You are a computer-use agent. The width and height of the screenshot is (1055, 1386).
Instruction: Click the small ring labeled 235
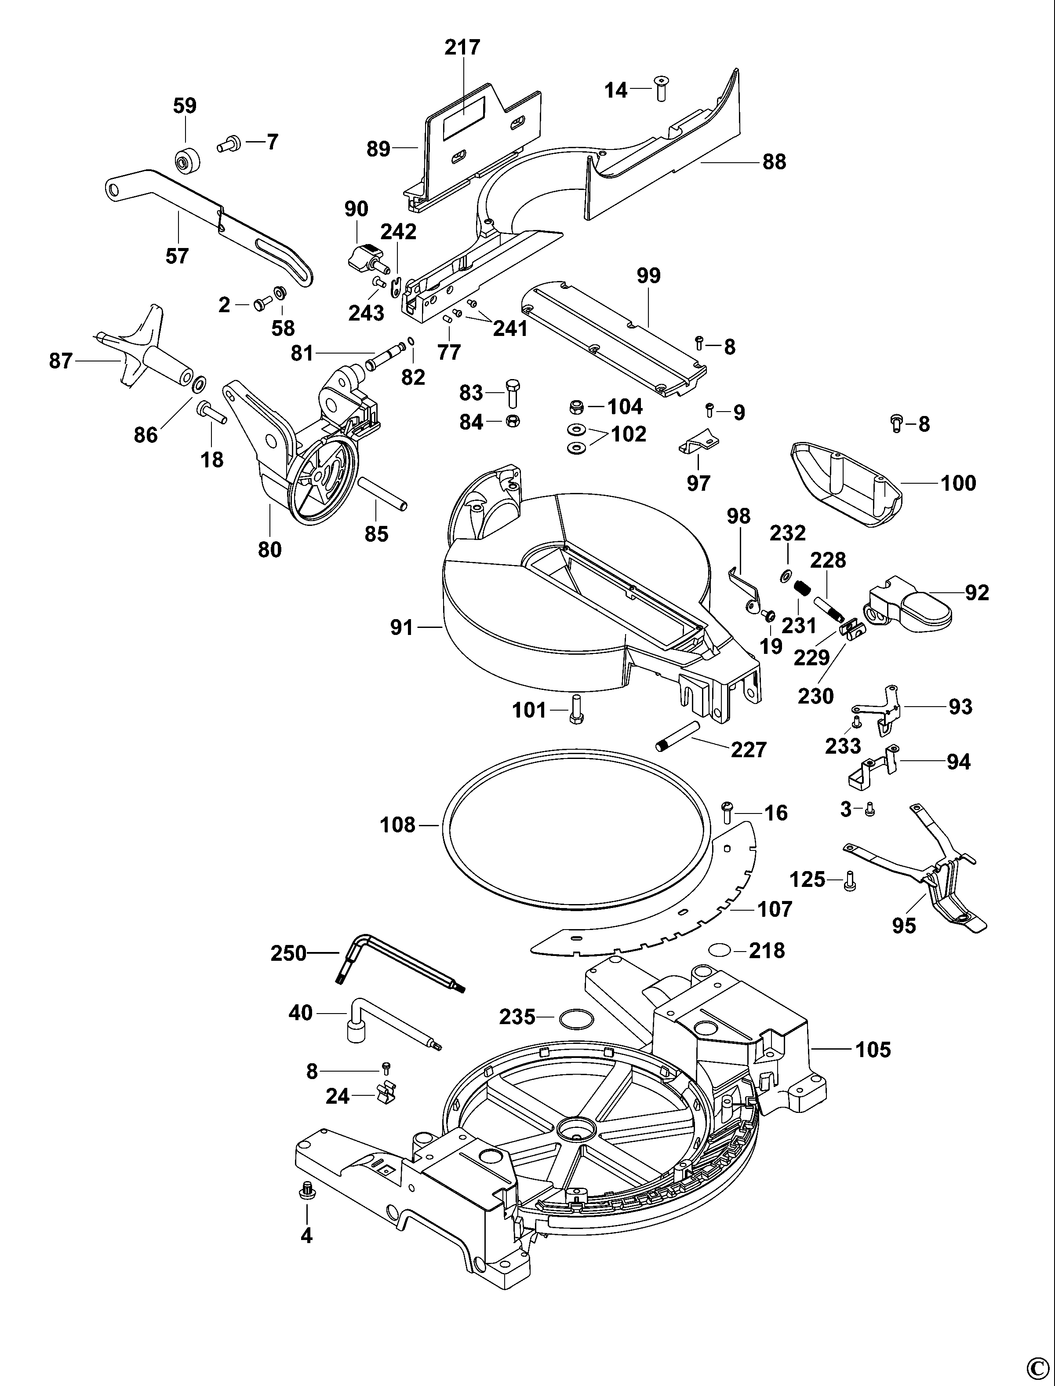pos(575,1019)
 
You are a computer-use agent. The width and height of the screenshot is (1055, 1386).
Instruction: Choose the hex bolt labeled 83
pos(512,393)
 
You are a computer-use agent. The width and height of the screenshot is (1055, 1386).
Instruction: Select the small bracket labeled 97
pos(699,443)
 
